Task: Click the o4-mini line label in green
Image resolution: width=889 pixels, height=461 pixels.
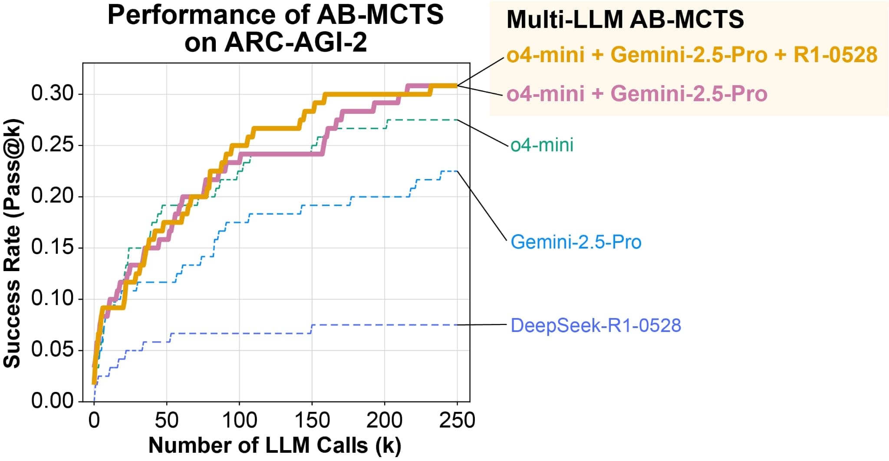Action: coord(542,145)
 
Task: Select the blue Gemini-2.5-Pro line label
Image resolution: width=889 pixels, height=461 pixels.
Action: coord(576,242)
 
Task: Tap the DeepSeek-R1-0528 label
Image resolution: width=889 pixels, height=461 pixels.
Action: coord(596,325)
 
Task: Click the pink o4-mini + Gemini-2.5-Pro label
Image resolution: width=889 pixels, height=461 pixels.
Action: coord(637,94)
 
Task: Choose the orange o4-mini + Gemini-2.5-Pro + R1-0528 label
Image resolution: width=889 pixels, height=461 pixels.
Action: coord(691,55)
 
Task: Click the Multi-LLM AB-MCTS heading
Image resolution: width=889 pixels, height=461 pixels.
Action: coord(625,20)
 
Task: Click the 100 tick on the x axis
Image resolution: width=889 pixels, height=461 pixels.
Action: coord(239,421)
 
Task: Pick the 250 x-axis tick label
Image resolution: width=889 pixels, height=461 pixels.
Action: coord(457,421)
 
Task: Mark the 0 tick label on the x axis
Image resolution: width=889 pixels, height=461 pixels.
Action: coord(94,421)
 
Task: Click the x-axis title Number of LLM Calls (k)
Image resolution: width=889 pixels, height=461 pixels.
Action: coord(275,446)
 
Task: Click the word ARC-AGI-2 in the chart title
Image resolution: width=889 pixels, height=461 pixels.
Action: coord(296,43)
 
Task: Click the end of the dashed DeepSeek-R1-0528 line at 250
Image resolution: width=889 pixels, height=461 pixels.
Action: coord(457,325)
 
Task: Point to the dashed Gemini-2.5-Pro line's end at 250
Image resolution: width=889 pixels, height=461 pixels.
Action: coord(457,171)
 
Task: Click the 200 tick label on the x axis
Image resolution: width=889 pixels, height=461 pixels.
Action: coord(384,421)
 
